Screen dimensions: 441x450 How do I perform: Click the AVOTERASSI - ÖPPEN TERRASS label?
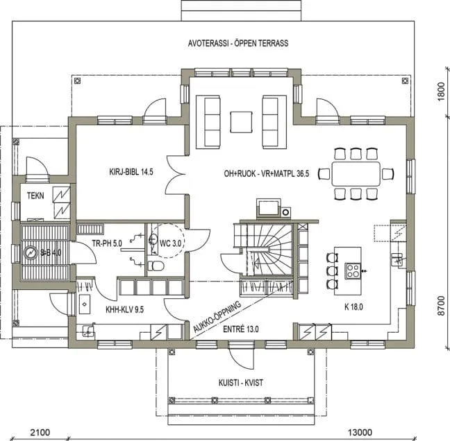click(237, 43)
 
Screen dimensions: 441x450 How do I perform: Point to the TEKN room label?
click(35, 196)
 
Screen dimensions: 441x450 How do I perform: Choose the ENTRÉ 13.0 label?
click(242, 329)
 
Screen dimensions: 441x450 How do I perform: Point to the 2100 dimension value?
click(40, 432)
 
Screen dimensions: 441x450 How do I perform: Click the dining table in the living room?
click(356, 173)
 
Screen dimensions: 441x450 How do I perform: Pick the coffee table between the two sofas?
click(242, 122)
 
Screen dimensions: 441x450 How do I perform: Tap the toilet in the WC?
click(157, 266)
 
